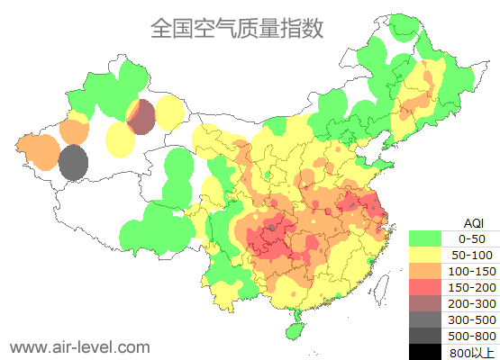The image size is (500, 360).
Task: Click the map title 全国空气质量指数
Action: (x=236, y=28)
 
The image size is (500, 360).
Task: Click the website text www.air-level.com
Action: (x=79, y=346)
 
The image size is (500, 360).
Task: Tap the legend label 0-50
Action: (x=472, y=238)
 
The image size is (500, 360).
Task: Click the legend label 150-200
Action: (x=472, y=287)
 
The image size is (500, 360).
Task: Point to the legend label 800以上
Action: (x=472, y=352)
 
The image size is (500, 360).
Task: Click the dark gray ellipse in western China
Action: (x=73, y=163)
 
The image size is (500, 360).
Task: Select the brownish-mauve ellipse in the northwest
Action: (x=141, y=117)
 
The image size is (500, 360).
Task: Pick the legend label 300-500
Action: (x=472, y=319)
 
